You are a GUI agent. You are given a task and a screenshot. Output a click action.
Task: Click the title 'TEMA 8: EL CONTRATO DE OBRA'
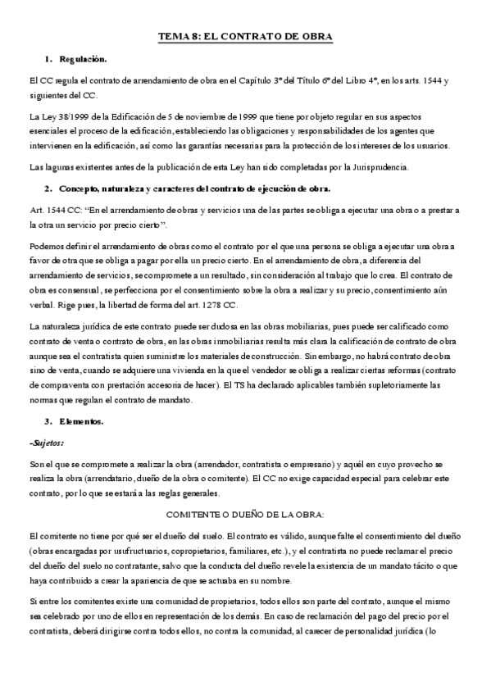(245, 38)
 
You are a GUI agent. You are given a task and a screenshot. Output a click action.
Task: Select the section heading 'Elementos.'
(81, 420)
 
